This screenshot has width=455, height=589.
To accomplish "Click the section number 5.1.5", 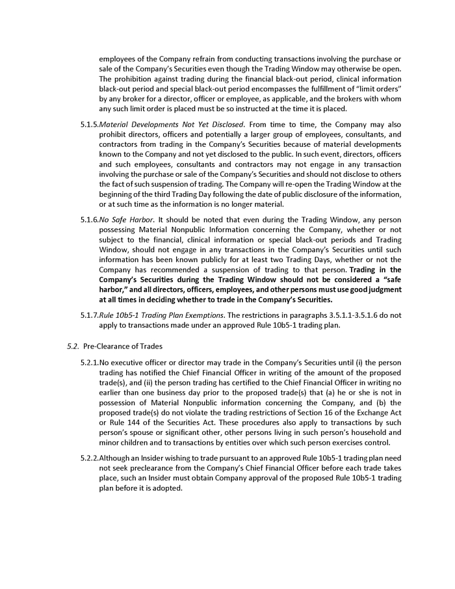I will pyautogui.click(x=89, y=124).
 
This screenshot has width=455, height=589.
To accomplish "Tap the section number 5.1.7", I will pyautogui.click(x=89, y=315).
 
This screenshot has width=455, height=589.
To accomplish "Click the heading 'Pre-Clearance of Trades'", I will pyautogui.click(x=123, y=346).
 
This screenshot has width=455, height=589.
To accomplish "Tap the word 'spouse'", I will pyautogui.click(x=139, y=433).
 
